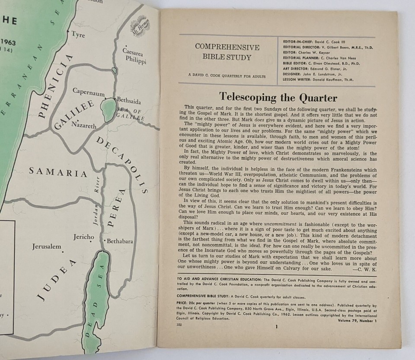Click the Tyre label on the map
point(78,35)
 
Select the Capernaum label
point(89,92)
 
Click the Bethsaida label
point(128,102)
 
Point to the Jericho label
point(84,237)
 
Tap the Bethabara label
point(119,241)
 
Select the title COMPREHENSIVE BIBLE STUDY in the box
point(227,52)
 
